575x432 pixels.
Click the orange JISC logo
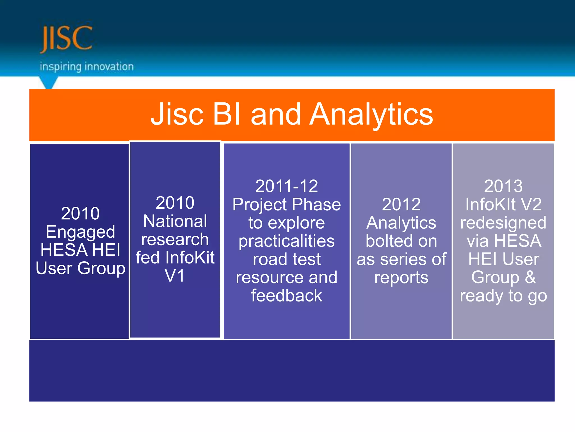(66, 39)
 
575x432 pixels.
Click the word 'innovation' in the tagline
(109, 67)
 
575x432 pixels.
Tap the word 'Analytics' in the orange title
(371, 115)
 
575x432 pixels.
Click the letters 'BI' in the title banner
(227, 114)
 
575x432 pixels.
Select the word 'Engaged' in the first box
(80, 232)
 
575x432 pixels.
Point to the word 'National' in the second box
(175, 221)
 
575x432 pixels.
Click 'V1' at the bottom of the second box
(175, 276)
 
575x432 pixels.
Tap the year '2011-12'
(286, 186)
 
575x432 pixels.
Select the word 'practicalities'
(286, 241)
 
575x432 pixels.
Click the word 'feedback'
(286, 296)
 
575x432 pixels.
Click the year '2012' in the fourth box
(401, 204)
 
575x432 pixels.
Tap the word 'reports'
(401, 278)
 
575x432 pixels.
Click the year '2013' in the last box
(503, 186)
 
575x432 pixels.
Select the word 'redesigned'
(503, 223)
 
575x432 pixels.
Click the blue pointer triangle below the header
(49, 83)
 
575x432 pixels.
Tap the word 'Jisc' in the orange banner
(177, 115)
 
